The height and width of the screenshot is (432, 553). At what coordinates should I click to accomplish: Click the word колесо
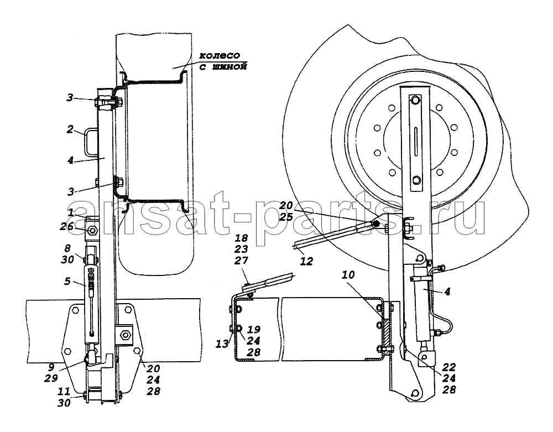220,56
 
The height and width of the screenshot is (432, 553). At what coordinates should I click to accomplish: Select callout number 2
70,129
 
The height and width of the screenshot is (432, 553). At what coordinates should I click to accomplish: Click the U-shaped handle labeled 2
90,141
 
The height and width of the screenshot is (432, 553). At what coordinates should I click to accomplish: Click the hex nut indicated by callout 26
93,231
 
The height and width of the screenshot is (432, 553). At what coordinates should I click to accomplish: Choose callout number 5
67,282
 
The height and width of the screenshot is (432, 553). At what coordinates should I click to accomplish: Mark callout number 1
71,212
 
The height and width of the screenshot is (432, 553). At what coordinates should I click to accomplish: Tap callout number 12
306,261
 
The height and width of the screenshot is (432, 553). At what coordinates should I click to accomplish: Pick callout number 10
348,275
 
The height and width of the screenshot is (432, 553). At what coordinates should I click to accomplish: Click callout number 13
222,344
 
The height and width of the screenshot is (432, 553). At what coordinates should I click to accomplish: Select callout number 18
241,238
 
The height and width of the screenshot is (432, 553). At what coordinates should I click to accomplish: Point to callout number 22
448,367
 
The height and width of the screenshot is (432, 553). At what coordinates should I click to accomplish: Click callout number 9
51,367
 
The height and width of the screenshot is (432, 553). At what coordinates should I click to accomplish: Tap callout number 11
64,391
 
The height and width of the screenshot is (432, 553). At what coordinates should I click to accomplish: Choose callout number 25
286,216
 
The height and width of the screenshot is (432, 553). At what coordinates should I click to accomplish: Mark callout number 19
254,329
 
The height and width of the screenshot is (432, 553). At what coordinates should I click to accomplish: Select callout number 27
241,261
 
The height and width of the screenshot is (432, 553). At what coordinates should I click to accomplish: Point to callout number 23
241,249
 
